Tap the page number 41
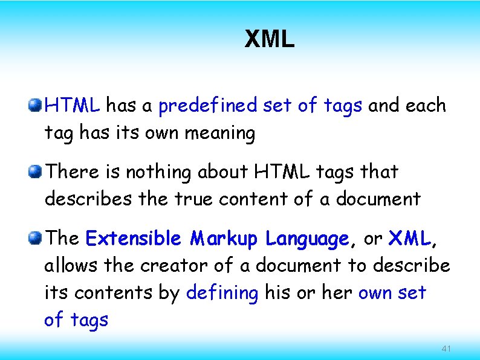(447, 349)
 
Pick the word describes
(84, 199)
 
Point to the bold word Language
(306, 240)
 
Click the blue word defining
(222, 293)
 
